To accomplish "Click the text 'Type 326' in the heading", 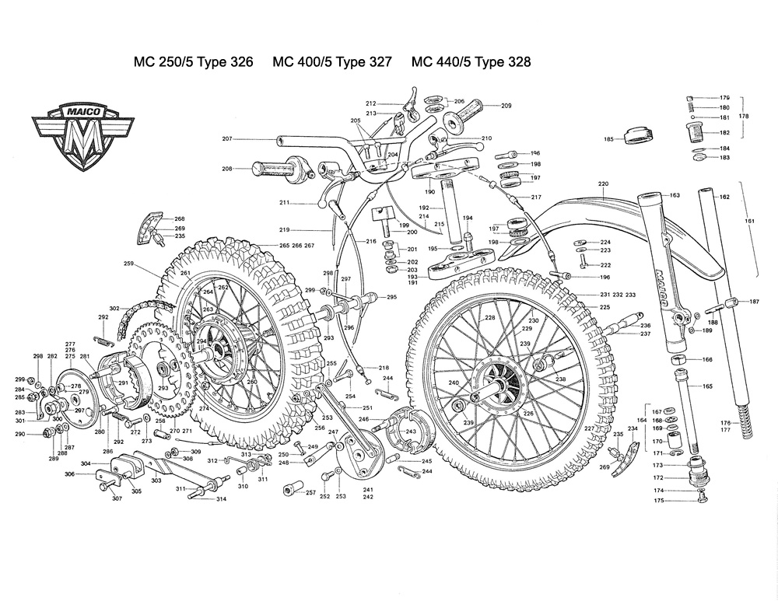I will [225, 62].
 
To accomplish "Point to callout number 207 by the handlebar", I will [227, 139].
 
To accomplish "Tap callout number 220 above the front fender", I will [602, 184].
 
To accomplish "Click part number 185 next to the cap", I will [608, 140].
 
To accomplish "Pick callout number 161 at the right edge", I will [750, 222].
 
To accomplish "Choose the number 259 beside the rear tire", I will [128, 264].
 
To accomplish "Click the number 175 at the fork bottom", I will [658, 502].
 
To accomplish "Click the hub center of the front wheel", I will [498, 386].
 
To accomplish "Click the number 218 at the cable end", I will [384, 367].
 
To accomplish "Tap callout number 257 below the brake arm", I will [310, 494].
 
